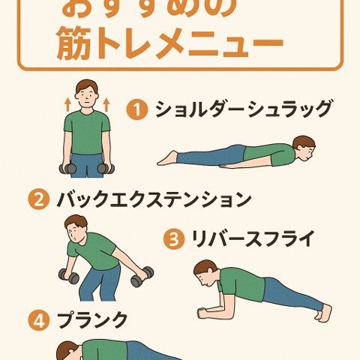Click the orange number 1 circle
point(136,110)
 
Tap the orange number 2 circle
point(38,200)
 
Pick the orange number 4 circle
point(38,320)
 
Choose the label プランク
point(91,320)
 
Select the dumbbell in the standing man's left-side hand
point(67,168)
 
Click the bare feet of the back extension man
point(167,157)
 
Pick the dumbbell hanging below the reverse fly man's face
point(69,277)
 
